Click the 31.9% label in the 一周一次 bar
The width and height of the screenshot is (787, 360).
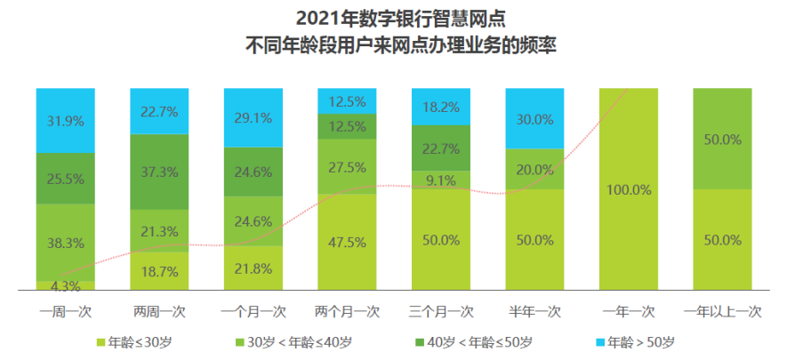pyautogui.click(x=66, y=120)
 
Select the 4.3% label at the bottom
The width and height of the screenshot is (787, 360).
pyautogui.click(x=66, y=285)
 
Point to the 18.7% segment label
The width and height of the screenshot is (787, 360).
pyautogui.click(x=159, y=271)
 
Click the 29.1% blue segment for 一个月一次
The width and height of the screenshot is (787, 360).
pyautogui.click(x=253, y=116)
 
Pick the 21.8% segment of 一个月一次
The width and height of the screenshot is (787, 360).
pyautogui.click(x=253, y=268)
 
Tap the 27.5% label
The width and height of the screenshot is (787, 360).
pyautogui.click(x=347, y=167)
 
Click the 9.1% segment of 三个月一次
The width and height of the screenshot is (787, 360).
pyautogui.click(x=441, y=180)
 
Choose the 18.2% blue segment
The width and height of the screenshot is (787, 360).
pyautogui.click(x=441, y=107)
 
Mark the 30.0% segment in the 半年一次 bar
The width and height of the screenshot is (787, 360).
pyautogui.click(x=535, y=118)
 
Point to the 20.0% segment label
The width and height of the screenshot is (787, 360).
pyautogui.click(x=535, y=170)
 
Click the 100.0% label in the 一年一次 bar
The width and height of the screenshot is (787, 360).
pyautogui.click(x=629, y=189)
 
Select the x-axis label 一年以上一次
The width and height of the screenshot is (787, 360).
pyautogui.click(x=723, y=312)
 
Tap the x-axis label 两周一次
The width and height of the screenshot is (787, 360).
pyautogui.click(x=159, y=312)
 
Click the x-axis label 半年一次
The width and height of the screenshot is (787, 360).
pyautogui.click(x=535, y=312)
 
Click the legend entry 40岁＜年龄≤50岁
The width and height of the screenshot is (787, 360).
pyautogui.click(x=479, y=341)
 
